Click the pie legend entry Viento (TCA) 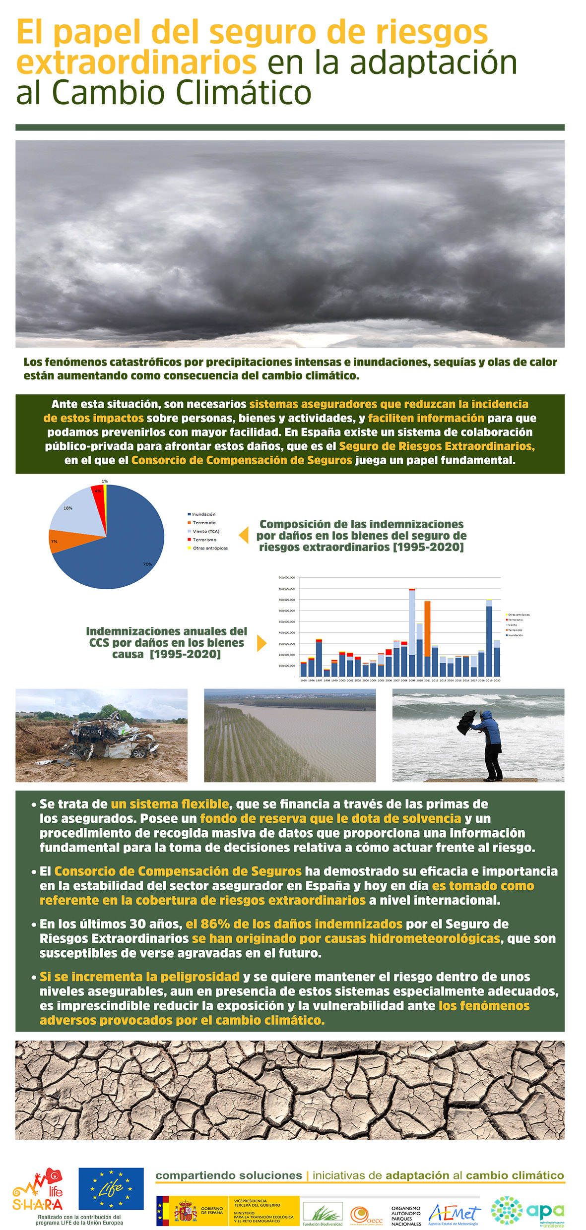tap(205, 531)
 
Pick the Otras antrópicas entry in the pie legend tap(209, 548)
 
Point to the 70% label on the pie tap(147, 564)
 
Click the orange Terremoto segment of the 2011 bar tap(427, 628)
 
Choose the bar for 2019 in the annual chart tap(489, 640)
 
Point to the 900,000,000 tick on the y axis tap(287, 577)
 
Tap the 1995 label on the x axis tap(304, 680)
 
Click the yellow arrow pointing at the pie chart tap(244, 535)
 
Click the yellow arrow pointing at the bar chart tap(261, 643)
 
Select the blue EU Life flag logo tap(111, 1188)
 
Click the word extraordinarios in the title tap(136, 63)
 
